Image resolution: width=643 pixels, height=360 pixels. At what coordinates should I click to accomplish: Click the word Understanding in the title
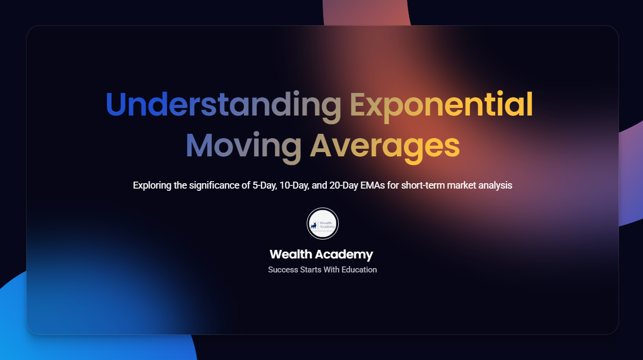224,105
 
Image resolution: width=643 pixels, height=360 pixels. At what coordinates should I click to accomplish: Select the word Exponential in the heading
441,105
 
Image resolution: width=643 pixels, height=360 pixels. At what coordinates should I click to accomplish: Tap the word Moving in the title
244,146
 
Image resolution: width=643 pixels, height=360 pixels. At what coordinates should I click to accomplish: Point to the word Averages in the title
384,146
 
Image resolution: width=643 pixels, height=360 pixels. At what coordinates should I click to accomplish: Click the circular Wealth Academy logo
323,224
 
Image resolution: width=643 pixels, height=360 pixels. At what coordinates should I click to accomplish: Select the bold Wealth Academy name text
321,254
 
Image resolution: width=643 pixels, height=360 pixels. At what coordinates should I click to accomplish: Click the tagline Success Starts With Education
323,270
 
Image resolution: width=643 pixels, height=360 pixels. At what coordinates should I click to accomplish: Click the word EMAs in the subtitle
373,185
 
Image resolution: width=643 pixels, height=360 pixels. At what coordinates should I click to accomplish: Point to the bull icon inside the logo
314,226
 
